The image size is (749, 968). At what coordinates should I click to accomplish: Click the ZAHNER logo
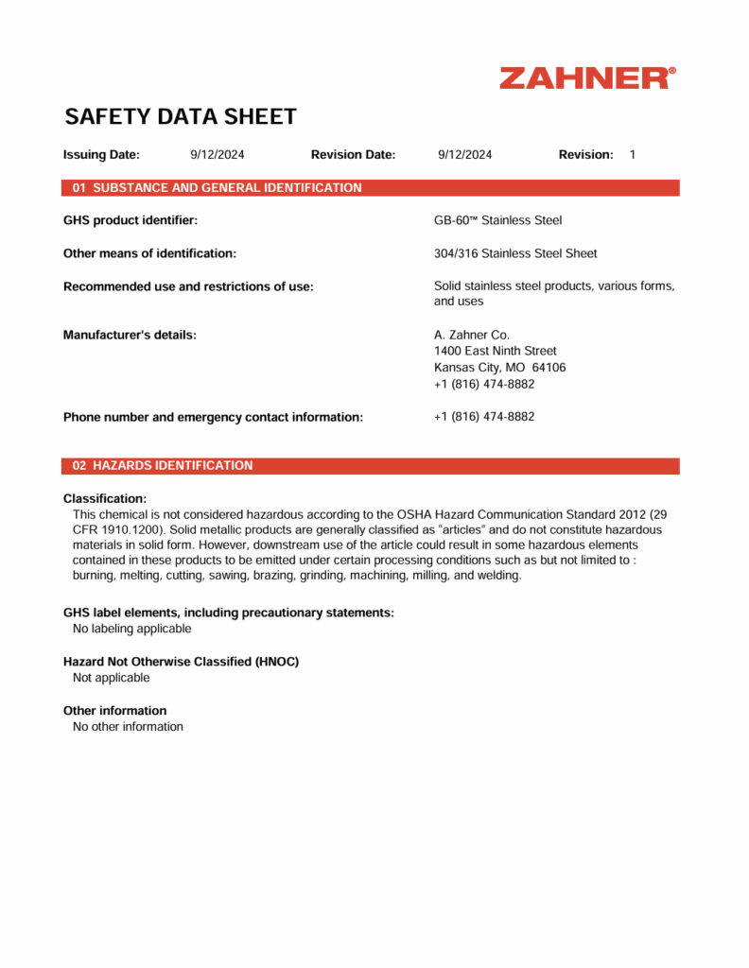tap(587, 78)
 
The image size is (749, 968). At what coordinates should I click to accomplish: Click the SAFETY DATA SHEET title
tap(180, 117)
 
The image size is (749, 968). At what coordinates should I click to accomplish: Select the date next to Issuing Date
tap(217, 155)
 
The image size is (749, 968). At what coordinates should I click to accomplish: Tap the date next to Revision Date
tap(464, 155)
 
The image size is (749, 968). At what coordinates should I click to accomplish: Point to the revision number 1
tap(633, 155)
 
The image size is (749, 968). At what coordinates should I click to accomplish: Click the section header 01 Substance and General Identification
tap(217, 188)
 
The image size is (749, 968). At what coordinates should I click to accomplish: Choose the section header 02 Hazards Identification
tap(163, 466)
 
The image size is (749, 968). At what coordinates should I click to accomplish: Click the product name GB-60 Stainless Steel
tap(497, 220)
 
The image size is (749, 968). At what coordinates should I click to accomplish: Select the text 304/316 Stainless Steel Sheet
tap(515, 253)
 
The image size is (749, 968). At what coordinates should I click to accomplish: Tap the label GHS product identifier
tap(131, 220)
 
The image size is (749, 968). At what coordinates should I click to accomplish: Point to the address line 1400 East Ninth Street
tap(495, 351)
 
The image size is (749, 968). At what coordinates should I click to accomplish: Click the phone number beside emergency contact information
tap(483, 417)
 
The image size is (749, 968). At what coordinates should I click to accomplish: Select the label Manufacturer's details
tap(130, 335)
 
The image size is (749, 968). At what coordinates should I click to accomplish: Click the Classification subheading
tap(105, 498)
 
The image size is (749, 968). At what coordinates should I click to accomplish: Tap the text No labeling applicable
tap(132, 629)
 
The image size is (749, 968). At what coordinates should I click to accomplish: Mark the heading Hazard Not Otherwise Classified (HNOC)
tap(181, 662)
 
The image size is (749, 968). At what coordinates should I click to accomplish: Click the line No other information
tap(128, 727)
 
